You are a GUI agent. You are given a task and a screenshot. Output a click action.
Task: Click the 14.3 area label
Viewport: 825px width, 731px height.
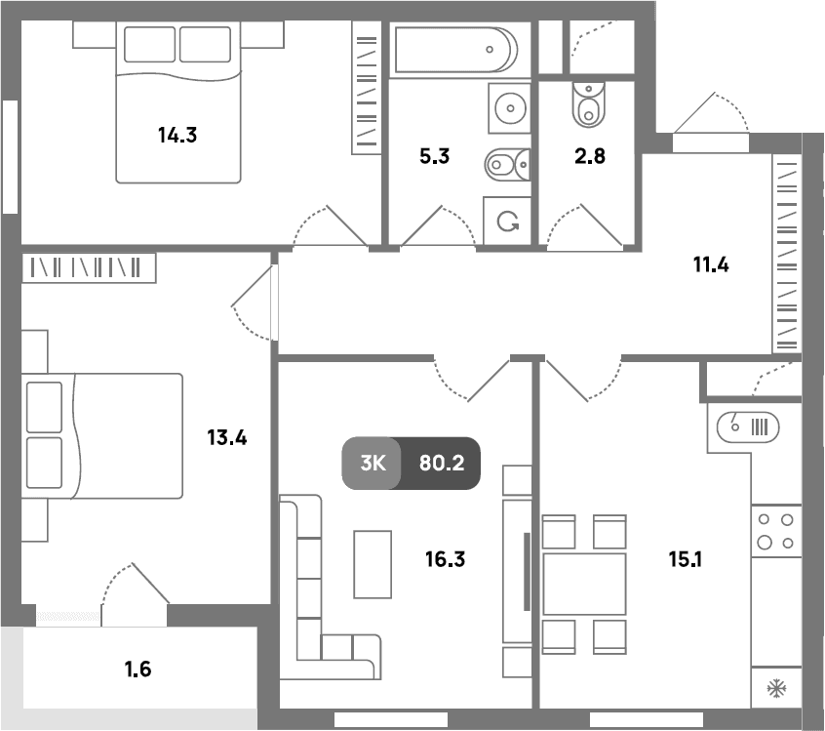(x=177, y=136)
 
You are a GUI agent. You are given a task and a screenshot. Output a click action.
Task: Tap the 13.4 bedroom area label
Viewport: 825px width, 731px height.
(x=227, y=437)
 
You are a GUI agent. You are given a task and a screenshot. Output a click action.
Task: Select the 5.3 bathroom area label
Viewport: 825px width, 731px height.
(x=435, y=156)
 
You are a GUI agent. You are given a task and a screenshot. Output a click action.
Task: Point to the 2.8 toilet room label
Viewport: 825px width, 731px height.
(x=590, y=156)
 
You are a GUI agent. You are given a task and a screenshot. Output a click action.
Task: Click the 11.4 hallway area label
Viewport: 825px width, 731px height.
(x=711, y=264)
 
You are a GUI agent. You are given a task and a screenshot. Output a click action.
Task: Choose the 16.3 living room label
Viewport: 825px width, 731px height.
(x=445, y=559)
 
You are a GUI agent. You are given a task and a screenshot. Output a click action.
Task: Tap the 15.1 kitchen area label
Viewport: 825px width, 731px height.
(x=685, y=559)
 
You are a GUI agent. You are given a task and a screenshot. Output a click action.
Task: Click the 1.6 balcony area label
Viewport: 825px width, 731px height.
(x=137, y=670)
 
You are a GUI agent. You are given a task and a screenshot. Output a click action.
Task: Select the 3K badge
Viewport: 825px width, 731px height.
(x=373, y=464)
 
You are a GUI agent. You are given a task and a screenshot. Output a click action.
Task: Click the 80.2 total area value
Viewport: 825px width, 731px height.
(x=442, y=464)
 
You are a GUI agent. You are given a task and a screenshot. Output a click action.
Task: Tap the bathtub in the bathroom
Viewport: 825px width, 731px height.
(x=456, y=50)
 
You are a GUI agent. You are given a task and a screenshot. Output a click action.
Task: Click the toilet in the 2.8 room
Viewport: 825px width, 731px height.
(x=589, y=104)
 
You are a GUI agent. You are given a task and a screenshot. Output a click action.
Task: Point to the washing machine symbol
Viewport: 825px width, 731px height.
(x=507, y=221)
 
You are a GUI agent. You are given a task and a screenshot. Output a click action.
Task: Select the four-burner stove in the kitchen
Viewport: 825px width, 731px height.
(x=776, y=531)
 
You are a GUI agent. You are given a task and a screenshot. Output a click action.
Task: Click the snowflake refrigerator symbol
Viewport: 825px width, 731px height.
(x=776, y=688)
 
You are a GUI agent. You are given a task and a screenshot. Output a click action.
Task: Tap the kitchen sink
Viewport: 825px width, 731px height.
(x=748, y=427)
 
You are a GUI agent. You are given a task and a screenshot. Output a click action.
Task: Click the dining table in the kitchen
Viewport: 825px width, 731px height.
(x=584, y=584)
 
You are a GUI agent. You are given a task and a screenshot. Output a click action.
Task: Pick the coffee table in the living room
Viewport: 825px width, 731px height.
(x=373, y=564)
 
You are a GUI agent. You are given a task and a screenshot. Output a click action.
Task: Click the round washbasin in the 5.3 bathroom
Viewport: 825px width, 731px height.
(x=510, y=108)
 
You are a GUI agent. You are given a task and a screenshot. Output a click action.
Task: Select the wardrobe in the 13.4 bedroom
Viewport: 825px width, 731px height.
(x=89, y=268)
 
